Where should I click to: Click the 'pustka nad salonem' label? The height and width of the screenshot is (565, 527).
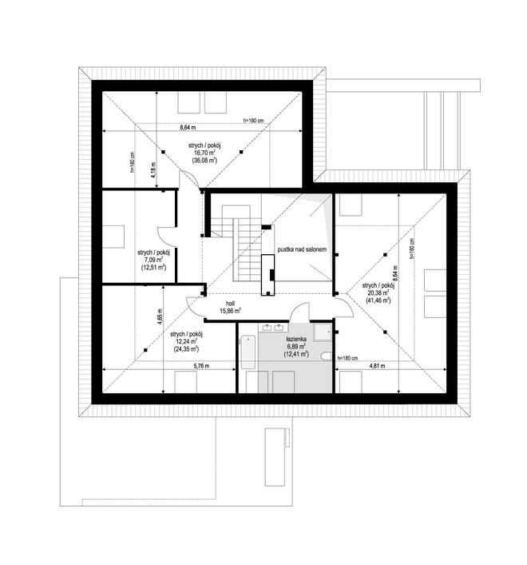point(302,249)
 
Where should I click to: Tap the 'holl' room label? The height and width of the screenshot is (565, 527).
point(230,304)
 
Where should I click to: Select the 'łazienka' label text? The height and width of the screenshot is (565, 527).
point(296,339)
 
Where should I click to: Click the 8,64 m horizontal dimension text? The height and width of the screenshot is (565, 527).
point(188,128)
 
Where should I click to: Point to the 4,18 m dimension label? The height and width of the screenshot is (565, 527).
point(153,169)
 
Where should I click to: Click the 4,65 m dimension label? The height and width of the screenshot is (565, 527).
point(160,317)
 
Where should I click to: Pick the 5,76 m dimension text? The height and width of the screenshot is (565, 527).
point(201,366)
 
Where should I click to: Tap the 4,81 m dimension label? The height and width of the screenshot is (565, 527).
point(377,366)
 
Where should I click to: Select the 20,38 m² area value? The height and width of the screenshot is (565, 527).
point(378,292)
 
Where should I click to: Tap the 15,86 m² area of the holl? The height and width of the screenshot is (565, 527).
point(230,311)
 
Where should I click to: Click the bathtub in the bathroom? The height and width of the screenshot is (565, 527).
point(248,352)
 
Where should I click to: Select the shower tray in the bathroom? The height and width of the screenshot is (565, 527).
point(322,332)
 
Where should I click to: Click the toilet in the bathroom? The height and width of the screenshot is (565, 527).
point(327,356)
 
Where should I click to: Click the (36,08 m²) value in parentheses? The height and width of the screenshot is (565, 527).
point(204,161)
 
